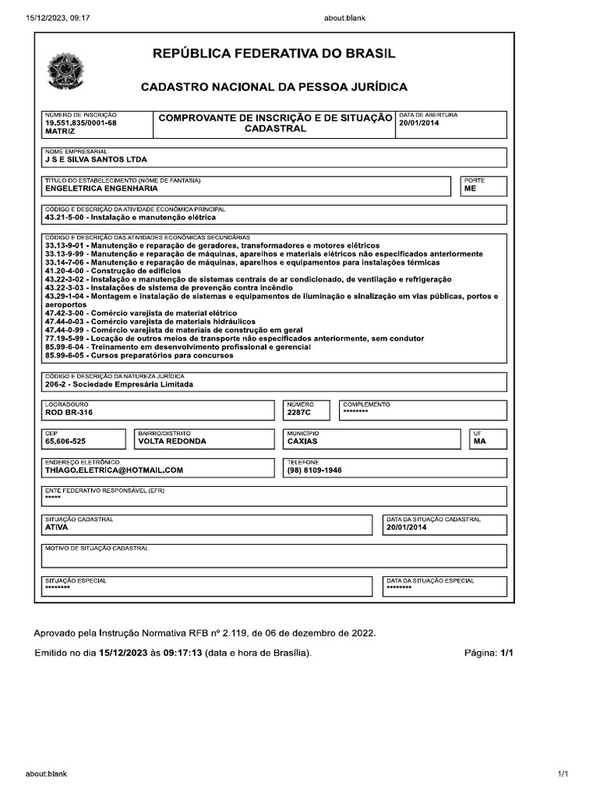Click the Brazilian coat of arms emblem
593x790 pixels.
coord(61,71)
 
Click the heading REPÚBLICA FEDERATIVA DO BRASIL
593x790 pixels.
coord(274,54)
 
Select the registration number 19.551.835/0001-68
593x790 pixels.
coord(81,123)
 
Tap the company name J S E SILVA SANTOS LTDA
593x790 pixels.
coord(96,160)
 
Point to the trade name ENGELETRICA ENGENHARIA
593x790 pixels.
coord(101,187)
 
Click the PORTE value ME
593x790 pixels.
coord(470,187)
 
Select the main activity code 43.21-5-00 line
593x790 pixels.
coord(130,218)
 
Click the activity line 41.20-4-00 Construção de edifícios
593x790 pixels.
coord(114,271)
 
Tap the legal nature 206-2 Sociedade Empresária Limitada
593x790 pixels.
coord(119,384)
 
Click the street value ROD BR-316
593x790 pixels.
coord(69,413)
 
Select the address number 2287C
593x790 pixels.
coord(299,413)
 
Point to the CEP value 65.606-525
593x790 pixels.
coord(66,441)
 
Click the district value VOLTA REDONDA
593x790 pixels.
coord(172,441)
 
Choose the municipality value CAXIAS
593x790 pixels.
coord(302,441)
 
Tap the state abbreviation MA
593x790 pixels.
coord(479,441)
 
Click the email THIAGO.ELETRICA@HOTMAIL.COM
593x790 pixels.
coord(114,470)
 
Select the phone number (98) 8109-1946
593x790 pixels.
coord(314,470)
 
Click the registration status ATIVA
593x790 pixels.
coord(57,528)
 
